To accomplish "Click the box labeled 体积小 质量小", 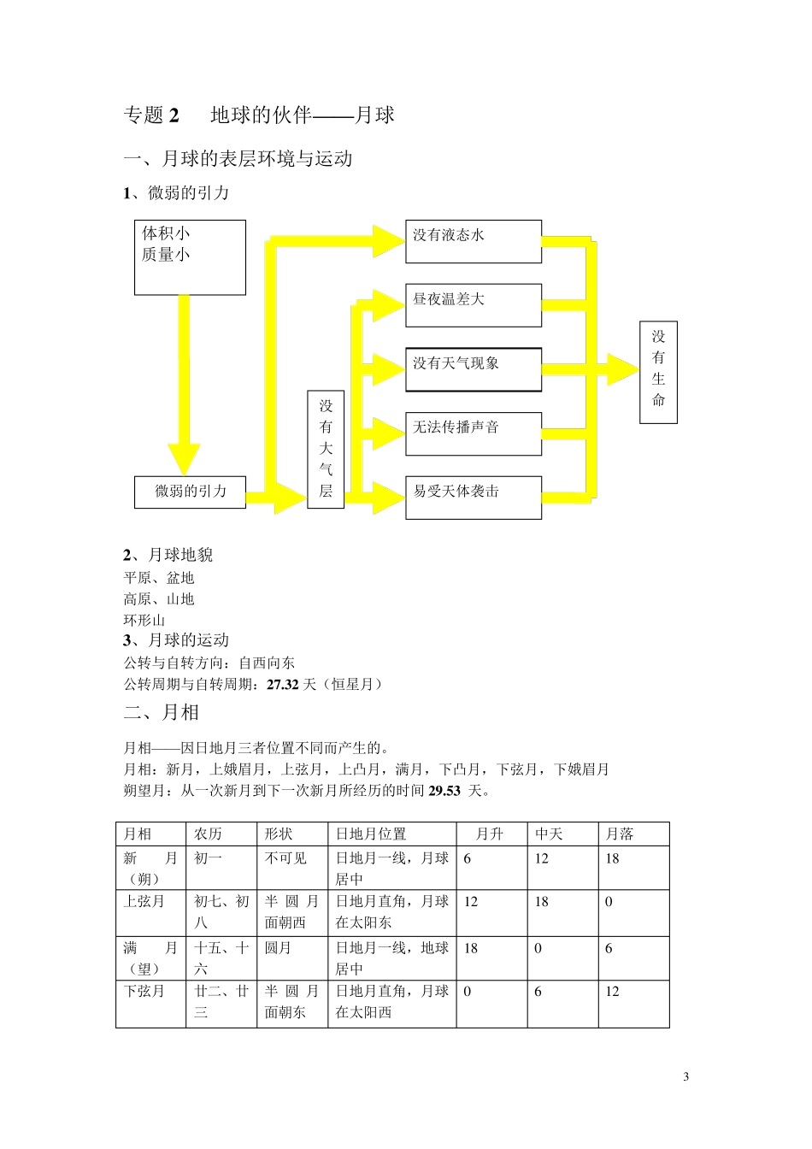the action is (x=190, y=257).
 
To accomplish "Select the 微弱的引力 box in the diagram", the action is (x=190, y=492).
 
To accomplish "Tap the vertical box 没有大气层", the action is (x=326, y=449).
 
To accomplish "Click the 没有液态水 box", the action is (x=473, y=241).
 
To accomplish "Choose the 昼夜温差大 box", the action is (x=473, y=305).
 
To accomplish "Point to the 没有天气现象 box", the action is (x=473, y=369).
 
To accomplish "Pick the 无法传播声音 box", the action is (x=473, y=433).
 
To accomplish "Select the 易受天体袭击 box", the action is (x=473, y=498).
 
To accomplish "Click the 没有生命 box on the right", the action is (x=658, y=371).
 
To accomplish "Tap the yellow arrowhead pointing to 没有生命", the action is (x=623, y=369).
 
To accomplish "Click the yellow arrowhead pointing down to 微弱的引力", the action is (x=184, y=458).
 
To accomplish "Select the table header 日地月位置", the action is (x=371, y=834).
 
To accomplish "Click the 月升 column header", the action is (x=490, y=834).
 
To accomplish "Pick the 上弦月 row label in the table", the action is (x=144, y=902).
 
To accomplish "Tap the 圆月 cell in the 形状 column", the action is (x=278, y=949).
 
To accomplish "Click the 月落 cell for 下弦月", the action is (x=613, y=992).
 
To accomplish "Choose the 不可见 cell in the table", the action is (x=285, y=858).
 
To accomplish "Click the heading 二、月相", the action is (x=162, y=712).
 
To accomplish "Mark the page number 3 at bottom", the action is (x=685, y=1076).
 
